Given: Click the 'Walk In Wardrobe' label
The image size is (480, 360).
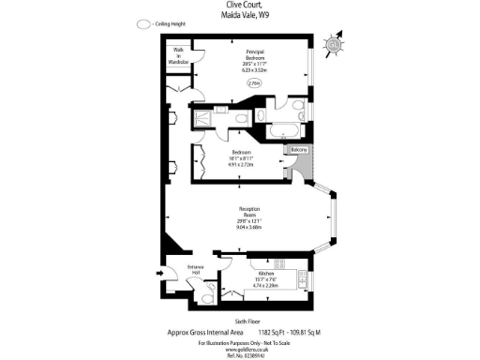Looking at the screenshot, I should [x=178, y=56].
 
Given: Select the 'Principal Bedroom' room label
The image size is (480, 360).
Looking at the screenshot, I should [x=254, y=54].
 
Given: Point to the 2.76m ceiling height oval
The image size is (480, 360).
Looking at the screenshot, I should [x=254, y=83].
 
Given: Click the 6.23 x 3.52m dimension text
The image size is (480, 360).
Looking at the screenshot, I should [x=254, y=69].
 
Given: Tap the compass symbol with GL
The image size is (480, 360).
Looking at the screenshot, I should [x=335, y=44].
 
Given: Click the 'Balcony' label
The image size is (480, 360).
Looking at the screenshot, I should [x=298, y=150].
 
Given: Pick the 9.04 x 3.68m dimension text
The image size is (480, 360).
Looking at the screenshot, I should [x=249, y=226].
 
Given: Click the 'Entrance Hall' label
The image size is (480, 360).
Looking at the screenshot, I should [x=196, y=271].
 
